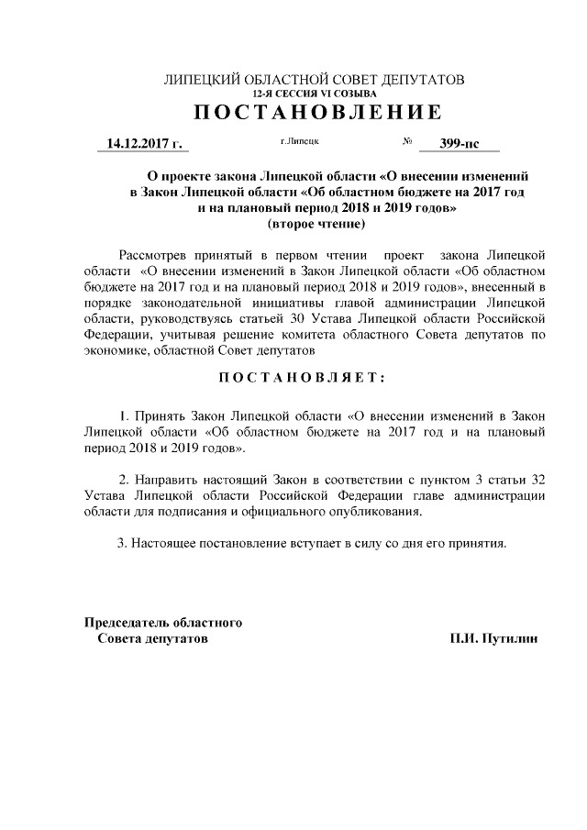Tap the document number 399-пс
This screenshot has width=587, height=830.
[x=459, y=144]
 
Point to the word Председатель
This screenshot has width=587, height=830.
[x=126, y=623]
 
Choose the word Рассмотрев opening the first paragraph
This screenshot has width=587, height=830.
[x=157, y=253]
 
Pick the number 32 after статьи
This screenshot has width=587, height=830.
[x=539, y=480]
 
